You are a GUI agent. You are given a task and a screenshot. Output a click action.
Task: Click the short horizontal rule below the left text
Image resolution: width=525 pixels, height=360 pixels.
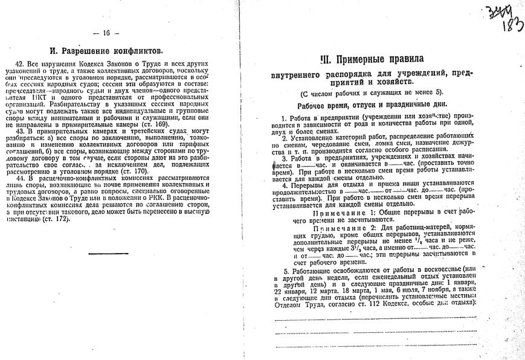click(108, 253)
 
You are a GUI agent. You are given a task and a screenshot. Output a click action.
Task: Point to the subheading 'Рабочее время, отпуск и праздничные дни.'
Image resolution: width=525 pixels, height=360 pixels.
click(371, 105)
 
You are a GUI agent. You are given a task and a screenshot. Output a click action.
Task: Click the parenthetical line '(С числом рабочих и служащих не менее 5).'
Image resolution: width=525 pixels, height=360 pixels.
click(371, 92)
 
